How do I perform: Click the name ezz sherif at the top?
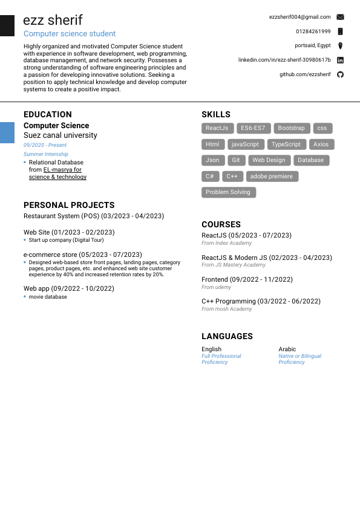(x=53, y=20)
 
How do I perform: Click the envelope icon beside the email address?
(x=340, y=17)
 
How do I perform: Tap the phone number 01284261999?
(x=313, y=31)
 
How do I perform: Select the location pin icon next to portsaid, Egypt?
(x=340, y=46)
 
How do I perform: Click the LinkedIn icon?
(x=340, y=60)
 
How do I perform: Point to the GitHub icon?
(x=340, y=74)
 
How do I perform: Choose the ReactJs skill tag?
(x=217, y=128)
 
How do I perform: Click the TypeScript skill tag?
(x=286, y=144)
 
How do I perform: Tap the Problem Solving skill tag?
(x=228, y=192)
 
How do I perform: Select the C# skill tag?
(x=209, y=177)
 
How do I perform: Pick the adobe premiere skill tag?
(x=271, y=177)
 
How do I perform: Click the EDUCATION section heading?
(x=47, y=114)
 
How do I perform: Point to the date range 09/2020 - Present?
(x=45, y=145)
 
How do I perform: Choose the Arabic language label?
(x=287, y=349)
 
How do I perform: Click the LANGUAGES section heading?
(x=227, y=336)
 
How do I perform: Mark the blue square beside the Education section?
(x=7, y=132)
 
